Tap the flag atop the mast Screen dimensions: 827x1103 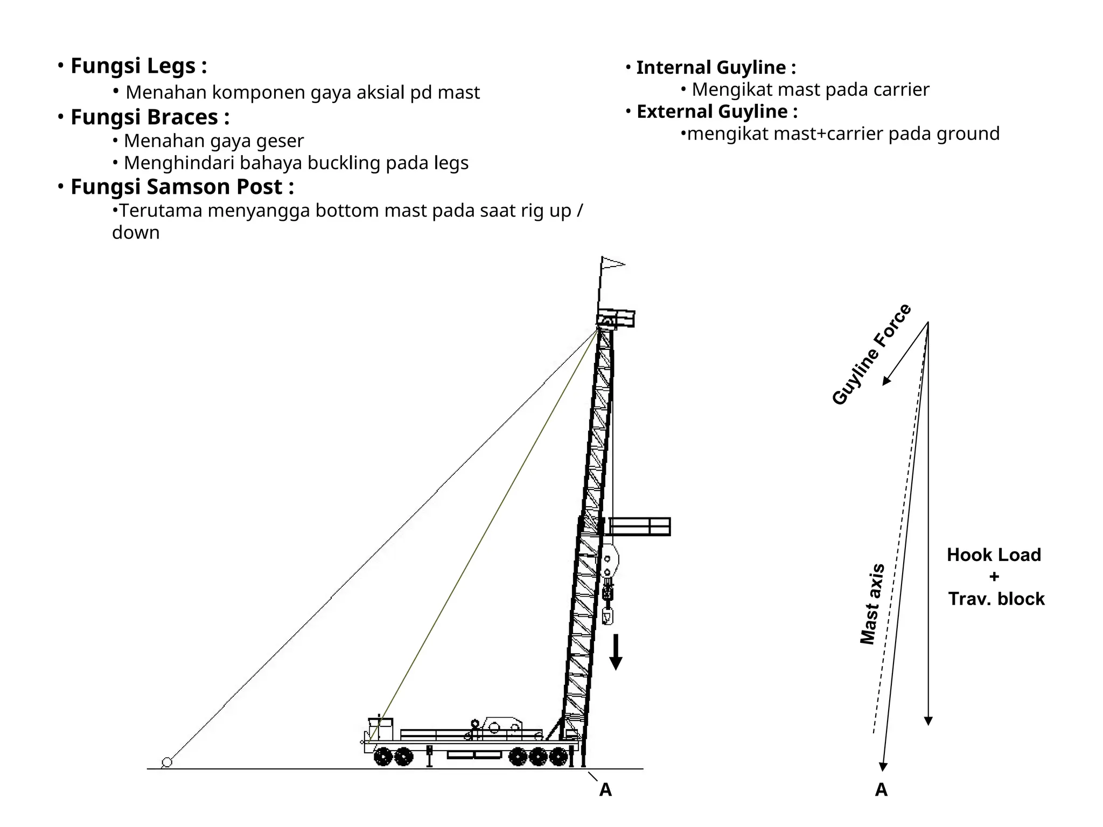(612, 264)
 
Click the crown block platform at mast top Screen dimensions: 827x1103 (616, 318)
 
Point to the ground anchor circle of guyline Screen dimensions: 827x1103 (167, 762)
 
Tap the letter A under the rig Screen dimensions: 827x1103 (605, 790)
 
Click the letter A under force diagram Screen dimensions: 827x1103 (881, 790)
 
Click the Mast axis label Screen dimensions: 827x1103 (871, 604)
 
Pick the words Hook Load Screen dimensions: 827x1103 (994, 555)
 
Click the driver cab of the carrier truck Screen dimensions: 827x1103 (380, 728)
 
